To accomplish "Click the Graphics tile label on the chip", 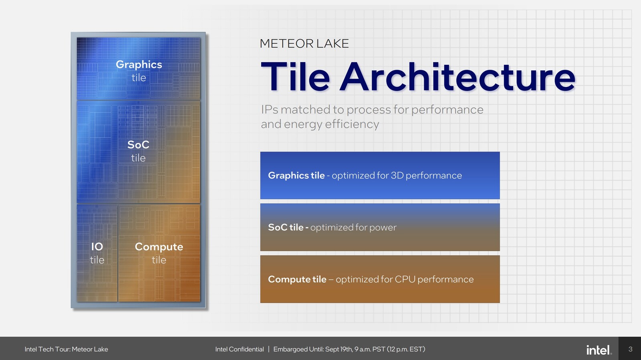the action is click(x=139, y=71).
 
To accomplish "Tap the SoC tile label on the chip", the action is click(x=138, y=151).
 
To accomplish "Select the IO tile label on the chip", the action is click(x=97, y=253).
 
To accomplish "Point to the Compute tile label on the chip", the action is click(x=159, y=253).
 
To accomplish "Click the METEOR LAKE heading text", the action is click(x=304, y=44).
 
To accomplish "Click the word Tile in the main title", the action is click(x=295, y=76).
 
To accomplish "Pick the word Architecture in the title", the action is click(x=457, y=76).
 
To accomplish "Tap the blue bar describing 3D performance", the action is click(x=380, y=175).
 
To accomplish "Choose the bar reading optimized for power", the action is click(x=380, y=227).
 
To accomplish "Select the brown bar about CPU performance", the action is click(x=380, y=279).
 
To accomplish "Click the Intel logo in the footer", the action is click(x=599, y=350).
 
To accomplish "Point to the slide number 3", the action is click(x=630, y=349).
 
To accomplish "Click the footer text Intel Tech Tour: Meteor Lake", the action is click(x=67, y=349).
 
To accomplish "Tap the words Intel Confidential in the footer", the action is click(x=240, y=349).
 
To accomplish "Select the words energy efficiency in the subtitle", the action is click(x=331, y=125).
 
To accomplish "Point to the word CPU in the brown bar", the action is click(x=405, y=279).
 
